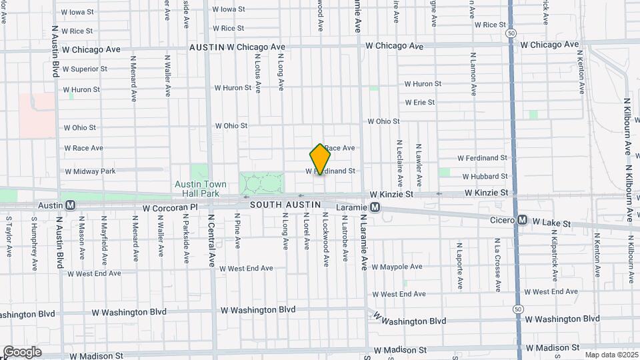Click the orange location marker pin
(x=321, y=159)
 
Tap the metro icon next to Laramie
(x=375, y=207)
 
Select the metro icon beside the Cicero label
(x=523, y=219)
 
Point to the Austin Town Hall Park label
(x=197, y=189)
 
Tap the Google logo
(x=22, y=352)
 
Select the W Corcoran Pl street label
(x=171, y=208)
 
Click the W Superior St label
(x=85, y=69)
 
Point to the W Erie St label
(x=419, y=103)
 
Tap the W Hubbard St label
(x=483, y=176)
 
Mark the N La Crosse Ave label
(x=497, y=265)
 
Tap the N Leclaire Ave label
(x=399, y=163)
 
